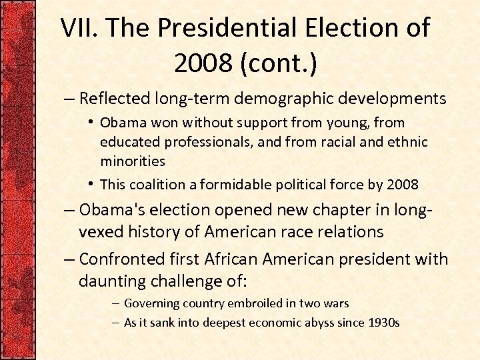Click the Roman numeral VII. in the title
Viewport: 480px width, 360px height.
coord(79,28)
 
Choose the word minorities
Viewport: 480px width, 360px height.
coord(132,161)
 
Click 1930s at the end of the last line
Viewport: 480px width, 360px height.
coord(384,323)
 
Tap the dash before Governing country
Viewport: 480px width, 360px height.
coord(115,303)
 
